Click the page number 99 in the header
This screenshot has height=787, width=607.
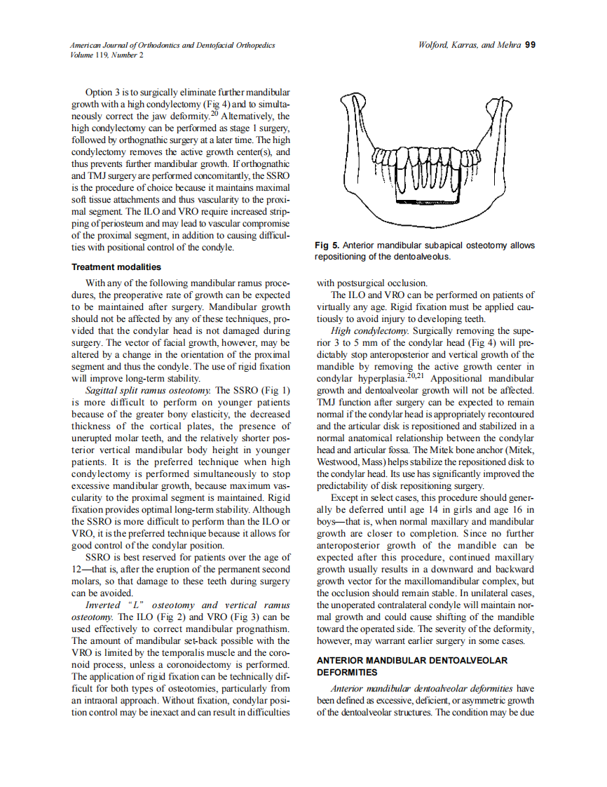tap(531, 44)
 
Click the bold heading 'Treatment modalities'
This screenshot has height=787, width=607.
tap(116, 267)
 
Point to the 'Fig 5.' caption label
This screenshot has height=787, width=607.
tap(327, 245)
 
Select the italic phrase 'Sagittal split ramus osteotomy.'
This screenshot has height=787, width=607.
tap(148, 390)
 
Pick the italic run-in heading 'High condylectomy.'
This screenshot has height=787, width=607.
tap(369, 330)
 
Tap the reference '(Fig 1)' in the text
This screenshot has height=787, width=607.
tap(275, 390)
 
